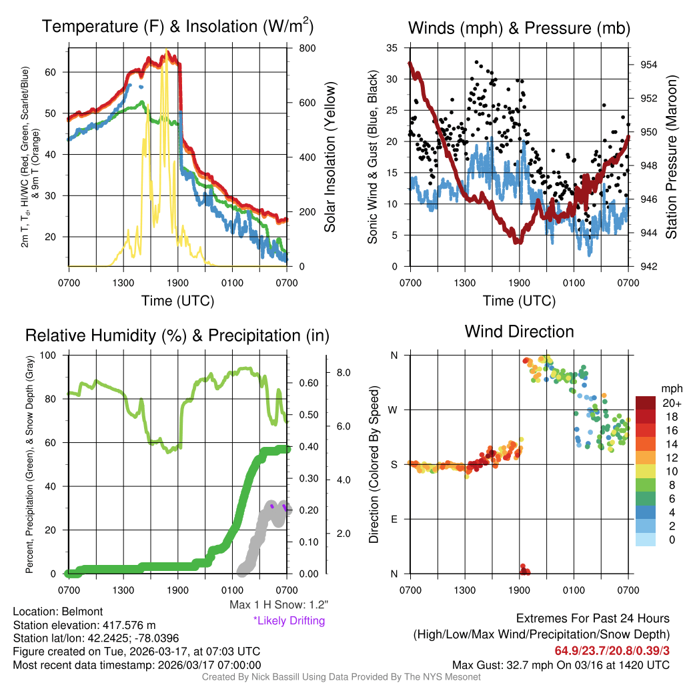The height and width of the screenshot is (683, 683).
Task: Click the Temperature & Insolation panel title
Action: coord(177,27)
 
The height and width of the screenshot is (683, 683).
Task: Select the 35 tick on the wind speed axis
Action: coord(392,48)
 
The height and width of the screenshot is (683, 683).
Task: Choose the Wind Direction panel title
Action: coord(519,331)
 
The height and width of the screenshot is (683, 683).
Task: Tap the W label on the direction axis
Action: coord(394,410)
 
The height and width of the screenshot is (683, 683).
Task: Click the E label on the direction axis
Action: coord(394,519)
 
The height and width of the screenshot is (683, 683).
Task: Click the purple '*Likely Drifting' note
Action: coord(289,620)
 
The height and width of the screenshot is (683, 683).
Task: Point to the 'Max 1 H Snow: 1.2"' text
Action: coord(278,605)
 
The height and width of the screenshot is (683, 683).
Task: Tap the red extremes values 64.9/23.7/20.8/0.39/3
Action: coord(612,650)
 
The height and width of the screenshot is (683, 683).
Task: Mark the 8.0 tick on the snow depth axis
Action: coord(343,372)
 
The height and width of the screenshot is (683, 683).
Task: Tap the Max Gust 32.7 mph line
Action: coord(561,665)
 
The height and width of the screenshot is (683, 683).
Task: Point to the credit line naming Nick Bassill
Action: coord(341,677)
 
